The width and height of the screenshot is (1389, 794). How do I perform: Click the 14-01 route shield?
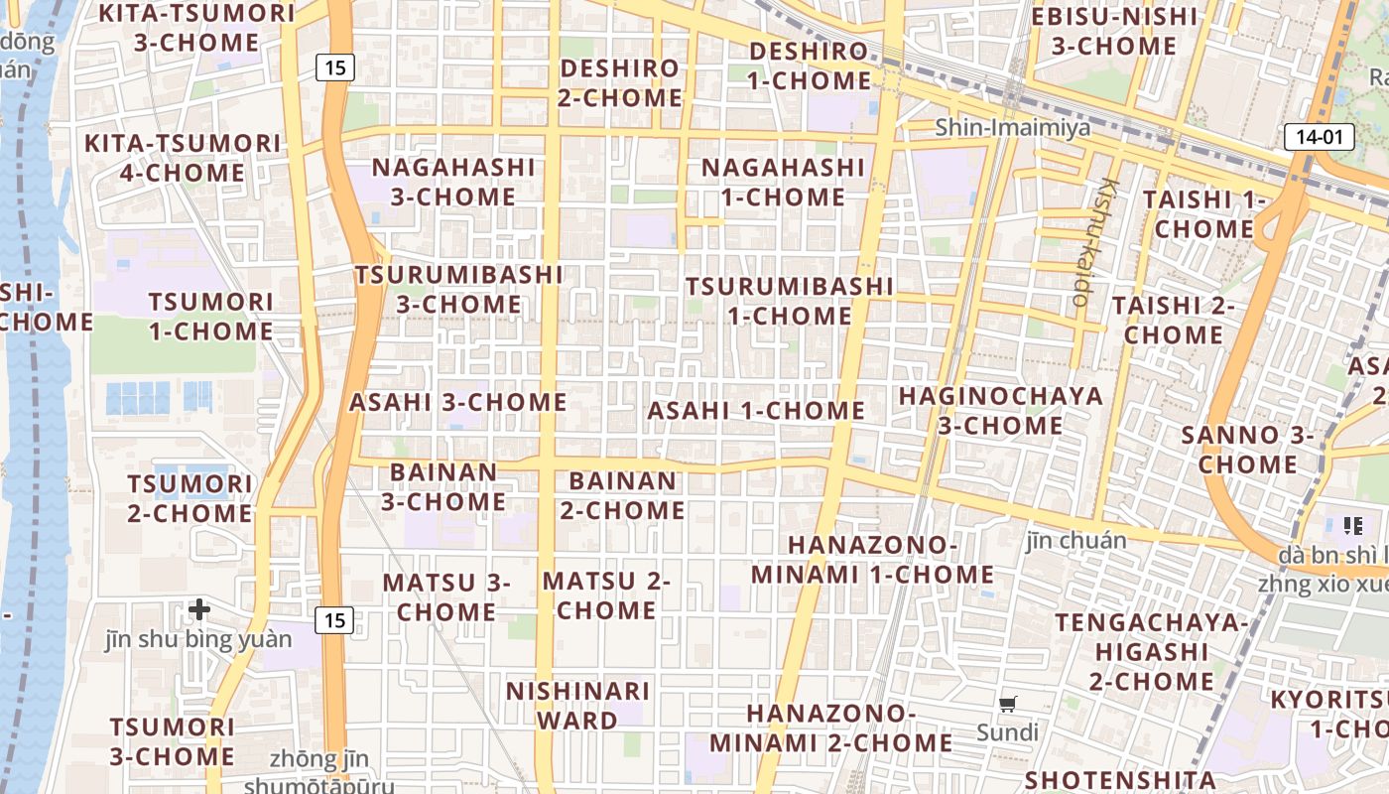[1319, 137]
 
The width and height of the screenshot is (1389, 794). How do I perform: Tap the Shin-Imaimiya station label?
[1012, 127]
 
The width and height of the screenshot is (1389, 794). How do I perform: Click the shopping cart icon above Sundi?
[1008, 705]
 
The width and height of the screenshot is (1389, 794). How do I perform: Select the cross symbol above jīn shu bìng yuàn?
[199, 608]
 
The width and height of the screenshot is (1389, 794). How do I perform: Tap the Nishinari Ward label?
[578, 705]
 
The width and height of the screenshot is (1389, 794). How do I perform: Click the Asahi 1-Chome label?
[756, 410]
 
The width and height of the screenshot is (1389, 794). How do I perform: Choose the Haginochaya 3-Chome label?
[1000, 411]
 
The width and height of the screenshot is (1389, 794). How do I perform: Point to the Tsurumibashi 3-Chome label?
[459, 289]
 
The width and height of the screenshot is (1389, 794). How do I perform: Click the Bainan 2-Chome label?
[622, 495]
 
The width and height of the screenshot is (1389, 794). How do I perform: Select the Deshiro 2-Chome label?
[620, 83]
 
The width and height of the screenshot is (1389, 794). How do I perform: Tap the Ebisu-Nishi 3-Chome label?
[1114, 31]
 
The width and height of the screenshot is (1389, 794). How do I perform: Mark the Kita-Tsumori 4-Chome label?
[183, 158]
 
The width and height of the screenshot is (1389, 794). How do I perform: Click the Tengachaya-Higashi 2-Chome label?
[1151, 651]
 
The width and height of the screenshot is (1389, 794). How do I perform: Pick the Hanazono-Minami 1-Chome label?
[873, 560]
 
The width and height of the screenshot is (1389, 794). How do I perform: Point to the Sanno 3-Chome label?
[1248, 450]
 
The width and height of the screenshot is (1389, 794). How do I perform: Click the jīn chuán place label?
[1076, 541]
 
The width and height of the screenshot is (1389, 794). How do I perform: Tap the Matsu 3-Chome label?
[446, 596]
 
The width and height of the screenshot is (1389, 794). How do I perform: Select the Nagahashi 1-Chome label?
[783, 182]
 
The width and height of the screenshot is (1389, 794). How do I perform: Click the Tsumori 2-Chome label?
[189, 498]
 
